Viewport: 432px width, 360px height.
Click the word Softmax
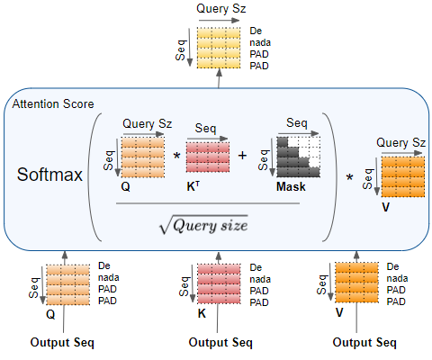pyautogui.click(x=49, y=173)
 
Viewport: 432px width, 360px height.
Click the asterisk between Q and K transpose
pyautogui.click(x=175, y=157)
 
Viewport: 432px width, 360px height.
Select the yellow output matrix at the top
pyautogui.click(x=220, y=49)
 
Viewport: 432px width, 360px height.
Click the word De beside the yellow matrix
pyautogui.click(x=256, y=31)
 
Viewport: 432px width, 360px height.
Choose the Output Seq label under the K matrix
pyautogui.click(x=220, y=343)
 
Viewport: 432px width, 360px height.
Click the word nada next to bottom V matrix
pyautogui.click(x=396, y=279)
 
